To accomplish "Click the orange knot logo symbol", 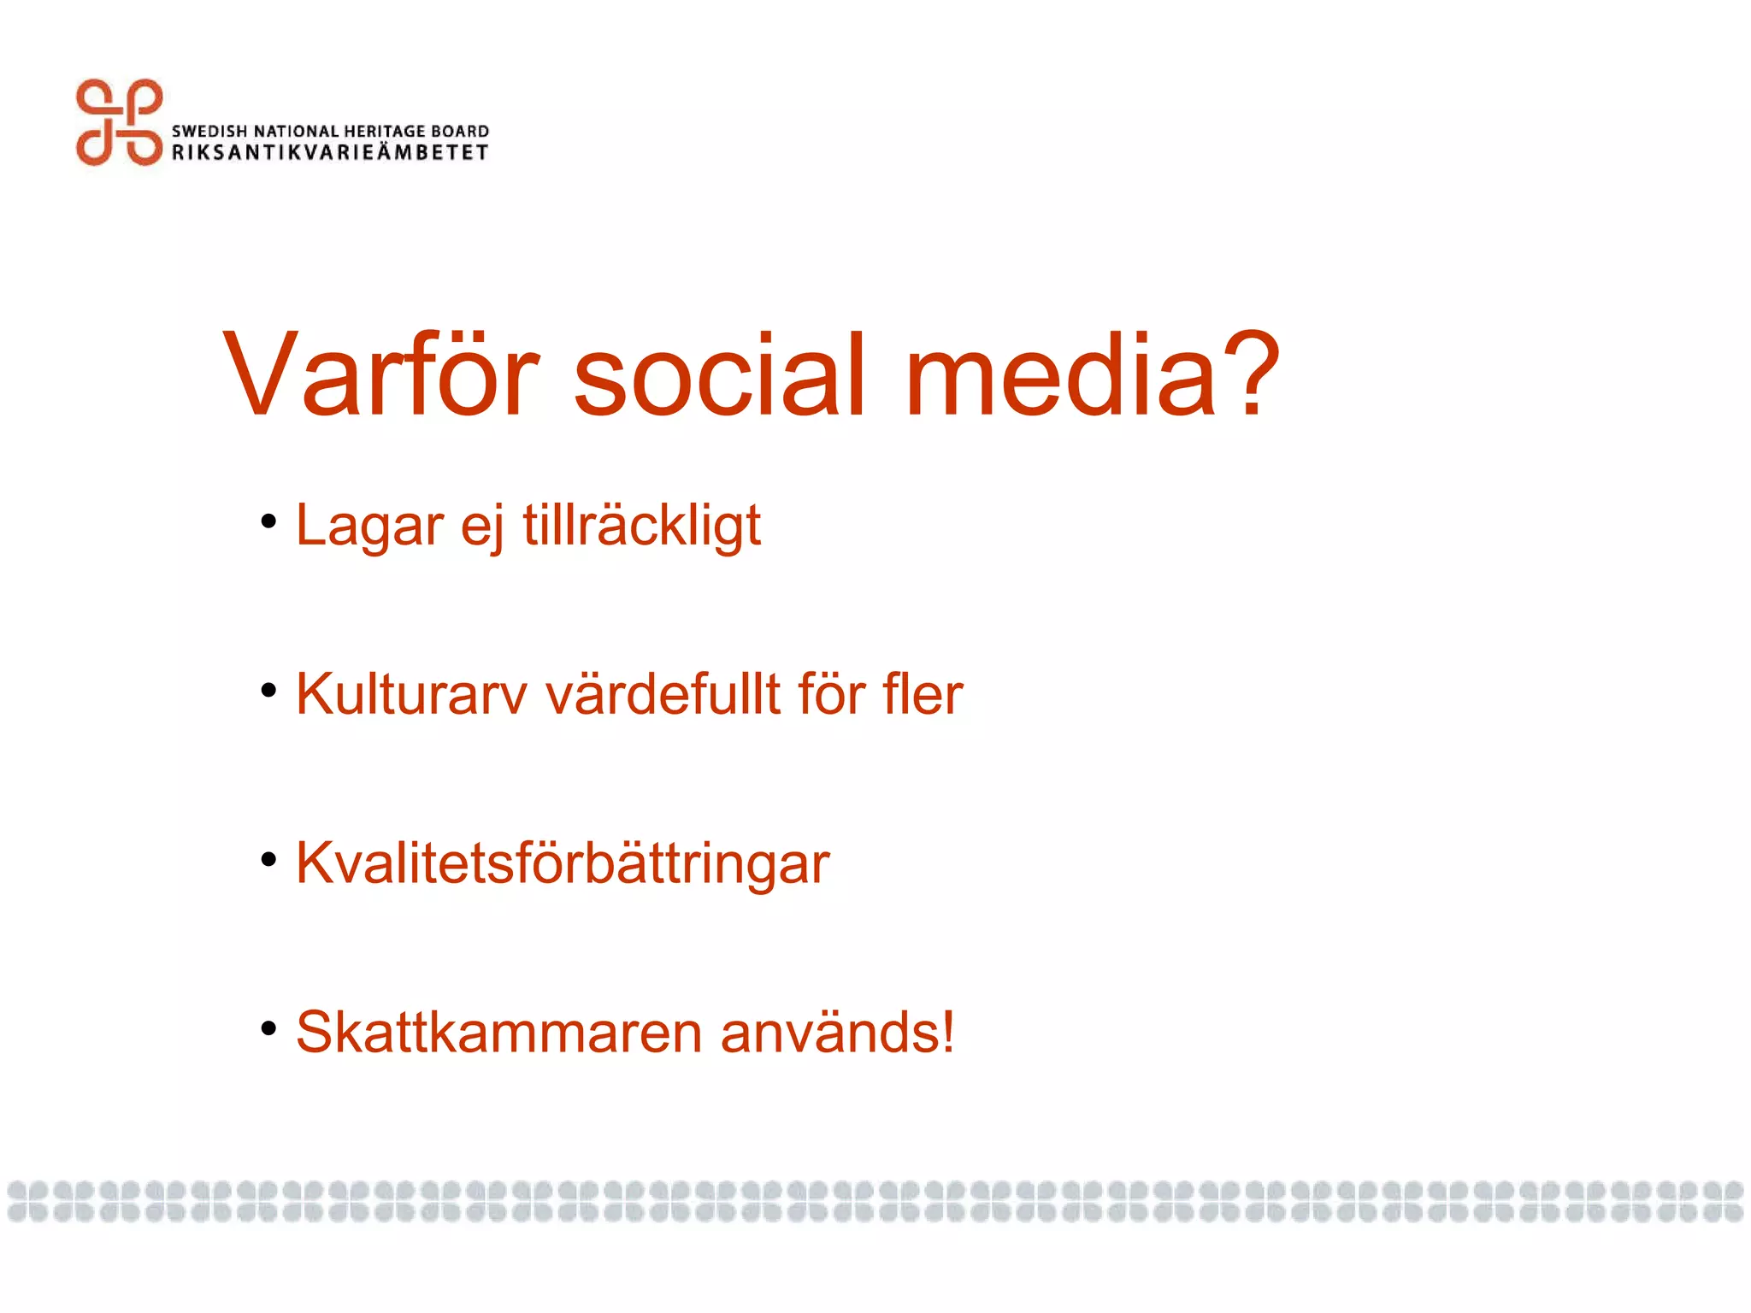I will point(119,122).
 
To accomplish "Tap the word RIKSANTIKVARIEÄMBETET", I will point(330,152).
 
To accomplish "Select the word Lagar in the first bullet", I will point(369,525).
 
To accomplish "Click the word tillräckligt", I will point(641,525).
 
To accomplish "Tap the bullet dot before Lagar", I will point(269,521).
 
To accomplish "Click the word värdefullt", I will point(663,694).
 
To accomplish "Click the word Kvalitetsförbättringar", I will point(563,863).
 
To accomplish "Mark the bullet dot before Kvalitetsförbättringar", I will point(269,859).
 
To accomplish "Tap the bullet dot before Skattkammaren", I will point(269,1028).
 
